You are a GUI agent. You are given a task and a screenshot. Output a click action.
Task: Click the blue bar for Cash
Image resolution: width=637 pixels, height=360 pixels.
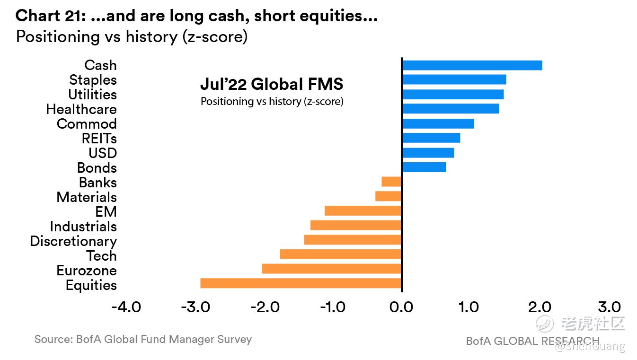(472, 65)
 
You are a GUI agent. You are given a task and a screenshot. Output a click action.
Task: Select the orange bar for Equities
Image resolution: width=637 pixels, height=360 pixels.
(301, 283)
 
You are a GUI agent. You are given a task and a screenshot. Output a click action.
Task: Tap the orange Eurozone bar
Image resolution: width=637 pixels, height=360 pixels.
(331, 269)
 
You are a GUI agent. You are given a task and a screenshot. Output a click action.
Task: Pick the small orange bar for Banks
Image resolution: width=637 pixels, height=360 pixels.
(391, 182)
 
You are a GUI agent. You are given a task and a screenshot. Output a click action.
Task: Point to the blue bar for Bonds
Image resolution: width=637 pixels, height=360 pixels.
(424, 167)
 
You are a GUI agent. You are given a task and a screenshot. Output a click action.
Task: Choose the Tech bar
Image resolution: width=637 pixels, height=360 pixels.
(341, 255)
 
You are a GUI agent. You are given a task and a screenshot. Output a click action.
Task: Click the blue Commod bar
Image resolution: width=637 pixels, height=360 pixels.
(438, 123)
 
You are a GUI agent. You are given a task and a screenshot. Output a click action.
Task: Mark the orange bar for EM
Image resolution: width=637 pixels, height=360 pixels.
(363, 211)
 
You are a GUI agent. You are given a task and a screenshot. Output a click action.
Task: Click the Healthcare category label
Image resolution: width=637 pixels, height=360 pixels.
(81, 109)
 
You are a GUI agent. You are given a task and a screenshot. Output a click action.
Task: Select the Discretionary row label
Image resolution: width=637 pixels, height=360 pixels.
(73, 241)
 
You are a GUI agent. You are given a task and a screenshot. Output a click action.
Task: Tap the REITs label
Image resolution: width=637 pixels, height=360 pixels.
(99, 139)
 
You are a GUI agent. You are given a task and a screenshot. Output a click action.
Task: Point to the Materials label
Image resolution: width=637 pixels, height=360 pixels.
(87, 197)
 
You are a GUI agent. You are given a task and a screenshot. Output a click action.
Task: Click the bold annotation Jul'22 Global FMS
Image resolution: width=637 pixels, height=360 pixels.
(272, 84)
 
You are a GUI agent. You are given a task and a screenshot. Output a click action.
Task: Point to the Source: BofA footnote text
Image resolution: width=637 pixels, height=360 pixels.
(143, 339)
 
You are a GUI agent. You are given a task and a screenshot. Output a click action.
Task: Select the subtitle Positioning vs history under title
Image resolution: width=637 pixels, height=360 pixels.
(132, 36)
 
